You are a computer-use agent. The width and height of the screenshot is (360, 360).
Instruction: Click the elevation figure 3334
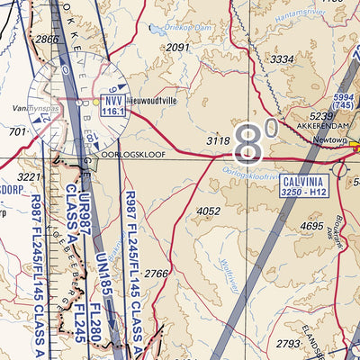click(x=283, y=59)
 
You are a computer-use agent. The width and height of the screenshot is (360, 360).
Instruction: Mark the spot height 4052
click(x=208, y=211)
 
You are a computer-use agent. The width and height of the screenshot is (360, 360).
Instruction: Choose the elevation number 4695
click(x=310, y=226)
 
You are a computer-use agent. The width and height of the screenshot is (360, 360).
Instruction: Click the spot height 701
click(x=17, y=132)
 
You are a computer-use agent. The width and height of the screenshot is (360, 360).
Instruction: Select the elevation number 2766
click(x=157, y=274)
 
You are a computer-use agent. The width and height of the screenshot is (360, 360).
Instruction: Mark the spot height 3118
click(x=219, y=140)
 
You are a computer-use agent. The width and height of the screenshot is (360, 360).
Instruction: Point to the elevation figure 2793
click(x=289, y=343)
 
